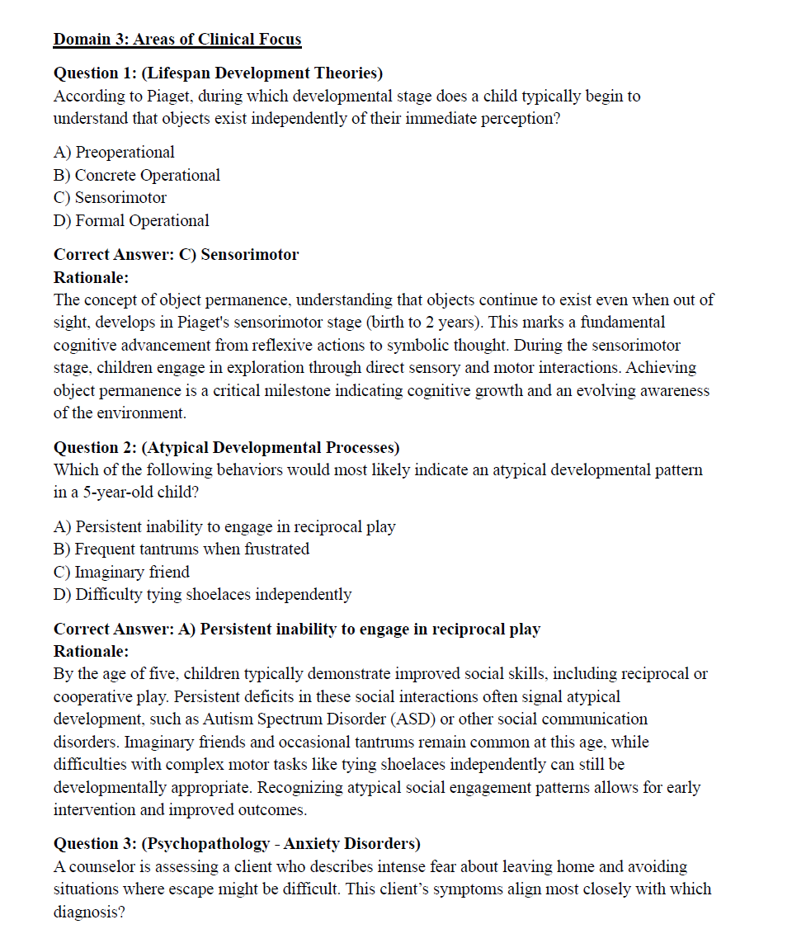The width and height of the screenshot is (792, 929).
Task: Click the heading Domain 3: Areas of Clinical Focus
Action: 177,39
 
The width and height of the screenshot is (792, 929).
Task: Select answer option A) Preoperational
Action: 114,152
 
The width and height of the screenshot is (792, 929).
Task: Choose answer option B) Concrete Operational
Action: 137,175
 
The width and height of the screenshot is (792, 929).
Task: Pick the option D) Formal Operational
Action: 131,220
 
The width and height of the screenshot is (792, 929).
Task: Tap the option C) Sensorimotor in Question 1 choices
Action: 110,198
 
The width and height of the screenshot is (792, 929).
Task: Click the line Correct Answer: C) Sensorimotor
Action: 176,254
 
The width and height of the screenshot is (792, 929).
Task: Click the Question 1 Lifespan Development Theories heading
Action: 218,73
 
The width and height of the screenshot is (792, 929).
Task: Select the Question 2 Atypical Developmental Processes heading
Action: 226,447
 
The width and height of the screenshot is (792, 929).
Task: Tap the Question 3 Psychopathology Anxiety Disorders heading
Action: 237,843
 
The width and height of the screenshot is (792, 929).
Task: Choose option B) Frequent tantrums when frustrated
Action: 181,549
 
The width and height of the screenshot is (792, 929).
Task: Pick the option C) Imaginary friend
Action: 121,572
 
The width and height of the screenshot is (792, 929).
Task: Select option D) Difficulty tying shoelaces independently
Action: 202,594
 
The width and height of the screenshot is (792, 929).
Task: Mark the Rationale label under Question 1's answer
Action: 91,277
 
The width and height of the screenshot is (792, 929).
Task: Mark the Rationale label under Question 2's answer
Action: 91,651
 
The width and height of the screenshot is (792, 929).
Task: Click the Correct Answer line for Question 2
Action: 296,629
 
